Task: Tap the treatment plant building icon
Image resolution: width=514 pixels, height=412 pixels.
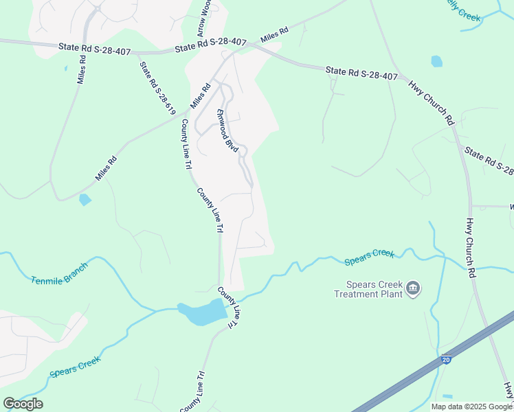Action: coord(413,288)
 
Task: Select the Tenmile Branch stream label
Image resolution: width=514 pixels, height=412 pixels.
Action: coord(60,273)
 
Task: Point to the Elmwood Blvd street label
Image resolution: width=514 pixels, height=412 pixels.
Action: coord(227,130)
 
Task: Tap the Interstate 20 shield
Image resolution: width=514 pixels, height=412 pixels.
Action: coord(446,359)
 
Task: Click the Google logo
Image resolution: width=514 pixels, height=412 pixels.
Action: coord(23,403)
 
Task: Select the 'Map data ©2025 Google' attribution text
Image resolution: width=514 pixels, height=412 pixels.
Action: coord(471,407)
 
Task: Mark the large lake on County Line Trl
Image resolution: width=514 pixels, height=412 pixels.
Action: coord(204,312)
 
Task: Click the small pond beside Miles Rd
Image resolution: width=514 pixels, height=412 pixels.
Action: coord(85,200)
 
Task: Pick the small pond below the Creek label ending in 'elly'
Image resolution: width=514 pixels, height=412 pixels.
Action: coord(436,61)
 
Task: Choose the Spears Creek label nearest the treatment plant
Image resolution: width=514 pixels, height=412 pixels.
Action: coord(369,256)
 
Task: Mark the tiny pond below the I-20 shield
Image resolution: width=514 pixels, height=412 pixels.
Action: coord(448,397)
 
